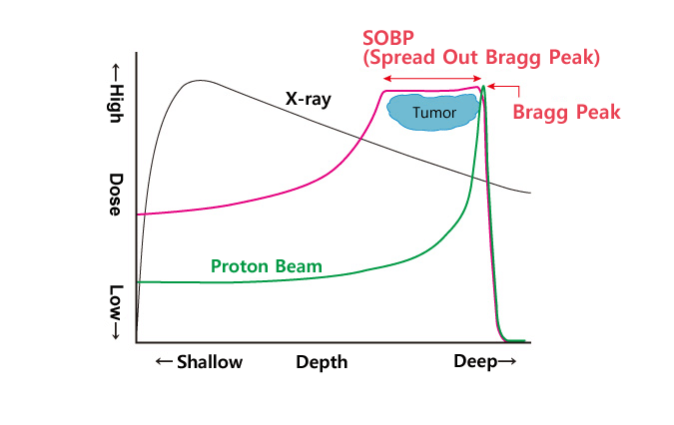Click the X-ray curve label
click(309, 99)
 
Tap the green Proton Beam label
click(267, 266)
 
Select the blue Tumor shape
click(433, 112)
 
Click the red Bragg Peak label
click(566, 112)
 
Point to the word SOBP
click(388, 38)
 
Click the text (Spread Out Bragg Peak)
click(481, 58)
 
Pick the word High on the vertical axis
click(116, 104)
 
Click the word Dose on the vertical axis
click(116, 194)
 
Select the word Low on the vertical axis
click(116, 302)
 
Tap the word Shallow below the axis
click(210, 362)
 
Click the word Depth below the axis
click(322, 362)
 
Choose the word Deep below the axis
click(475, 361)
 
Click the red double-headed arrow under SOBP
click(432, 78)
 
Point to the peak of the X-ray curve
click(199, 80)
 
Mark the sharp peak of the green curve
click(483, 86)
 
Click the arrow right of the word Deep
click(507, 361)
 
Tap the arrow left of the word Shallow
click(164, 361)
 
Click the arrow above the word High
click(115, 73)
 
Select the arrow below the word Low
click(115, 330)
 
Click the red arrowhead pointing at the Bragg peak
click(491, 86)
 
